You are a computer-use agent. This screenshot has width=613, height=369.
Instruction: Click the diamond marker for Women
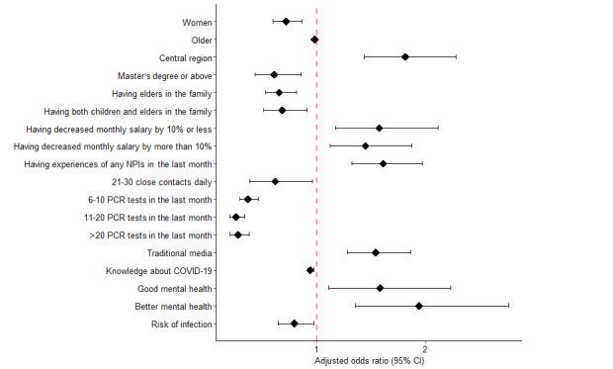tap(287, 22)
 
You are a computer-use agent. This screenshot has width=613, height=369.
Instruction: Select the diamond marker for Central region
tap(405, 57)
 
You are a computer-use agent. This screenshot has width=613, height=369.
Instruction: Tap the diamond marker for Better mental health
tap(419, 306)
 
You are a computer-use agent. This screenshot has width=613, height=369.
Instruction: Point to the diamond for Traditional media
tap(376, 252)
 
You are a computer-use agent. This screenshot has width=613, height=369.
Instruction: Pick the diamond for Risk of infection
tap(295, 323)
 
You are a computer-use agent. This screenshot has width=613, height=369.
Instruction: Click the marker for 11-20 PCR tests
tap(235, 217)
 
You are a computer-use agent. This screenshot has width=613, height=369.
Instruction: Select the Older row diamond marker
tap(314, 40)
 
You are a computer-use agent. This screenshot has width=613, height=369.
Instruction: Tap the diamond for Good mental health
tap(381, 288)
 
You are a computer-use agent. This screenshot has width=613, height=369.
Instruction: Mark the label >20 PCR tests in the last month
tap(150, 235)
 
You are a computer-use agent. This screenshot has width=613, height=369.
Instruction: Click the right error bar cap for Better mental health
tap(509, 306)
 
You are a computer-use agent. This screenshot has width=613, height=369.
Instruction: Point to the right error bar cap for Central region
tap(456, 57)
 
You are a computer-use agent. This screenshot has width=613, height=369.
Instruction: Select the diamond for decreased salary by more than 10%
tap(366, 145)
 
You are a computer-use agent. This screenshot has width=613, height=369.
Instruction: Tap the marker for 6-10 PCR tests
tap(247, 199)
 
